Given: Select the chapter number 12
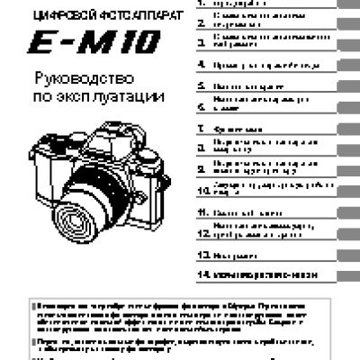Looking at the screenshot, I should [x=202, y=233].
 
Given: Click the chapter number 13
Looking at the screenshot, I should [x=202, y=254].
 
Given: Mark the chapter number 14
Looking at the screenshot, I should [x=202, y=271].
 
